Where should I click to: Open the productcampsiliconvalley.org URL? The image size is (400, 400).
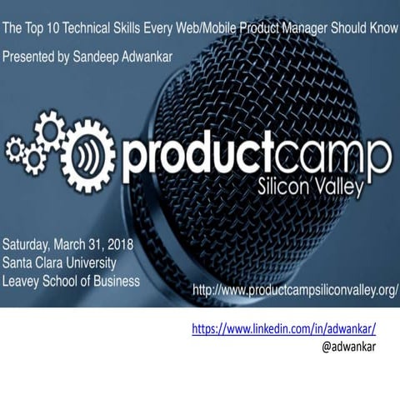(x=295, y=291)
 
